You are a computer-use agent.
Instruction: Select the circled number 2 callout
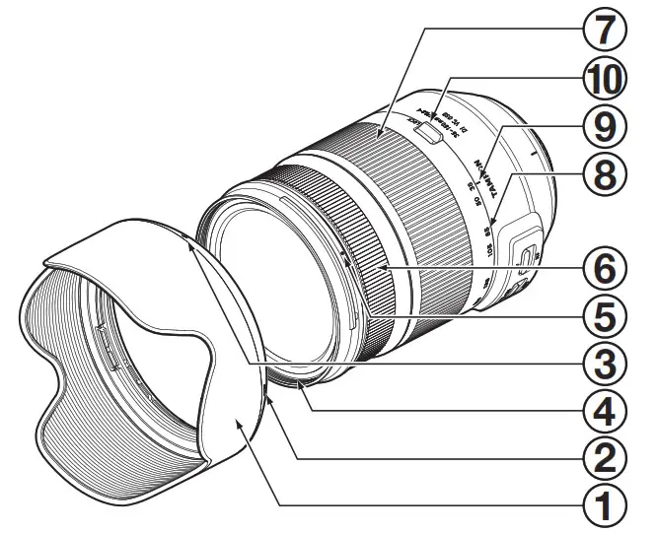click(606, 456)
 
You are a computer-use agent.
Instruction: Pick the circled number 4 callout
click(606, 409)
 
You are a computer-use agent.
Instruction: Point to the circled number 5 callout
click(606, 316)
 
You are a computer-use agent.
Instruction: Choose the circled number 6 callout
click(606, 267)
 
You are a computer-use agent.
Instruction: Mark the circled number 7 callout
click(606, 30)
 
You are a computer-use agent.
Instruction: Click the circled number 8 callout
click(606, 175)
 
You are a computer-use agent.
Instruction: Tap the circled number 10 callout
click(606, 79)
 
